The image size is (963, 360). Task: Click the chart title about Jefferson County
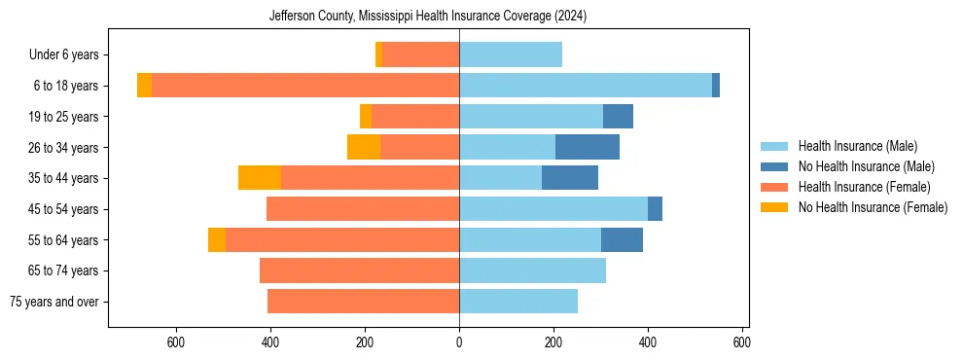pos(428,17)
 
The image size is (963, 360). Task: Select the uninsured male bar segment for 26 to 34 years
pos(588,147)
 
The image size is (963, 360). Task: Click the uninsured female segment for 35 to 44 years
pos(260,178)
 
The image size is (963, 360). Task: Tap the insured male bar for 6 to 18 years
pos(586,86)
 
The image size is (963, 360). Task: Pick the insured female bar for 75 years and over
pos(363,302)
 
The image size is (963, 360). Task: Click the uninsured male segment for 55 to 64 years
pos(622,239)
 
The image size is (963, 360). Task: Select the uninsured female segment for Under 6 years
pos(378,54)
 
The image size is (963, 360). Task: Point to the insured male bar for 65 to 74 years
pos(532,270)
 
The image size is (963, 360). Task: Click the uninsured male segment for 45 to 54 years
pos(655,209)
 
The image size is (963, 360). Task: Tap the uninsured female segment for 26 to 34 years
pos(364,147)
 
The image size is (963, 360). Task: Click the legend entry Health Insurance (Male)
pos(857,146)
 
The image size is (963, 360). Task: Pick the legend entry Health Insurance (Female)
pos(864,187)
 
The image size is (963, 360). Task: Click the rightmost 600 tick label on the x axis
pos(742,342)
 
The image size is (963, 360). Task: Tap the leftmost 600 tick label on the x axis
pos(176,342)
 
